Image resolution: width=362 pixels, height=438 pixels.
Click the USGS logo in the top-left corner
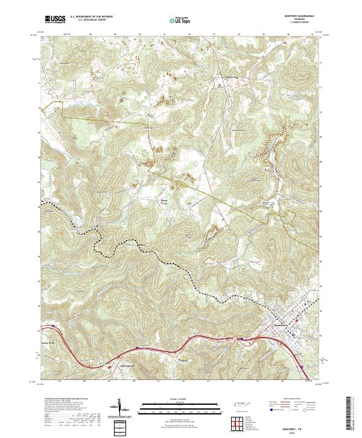(55, 20)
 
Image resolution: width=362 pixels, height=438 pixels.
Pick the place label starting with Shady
(164, 196)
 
